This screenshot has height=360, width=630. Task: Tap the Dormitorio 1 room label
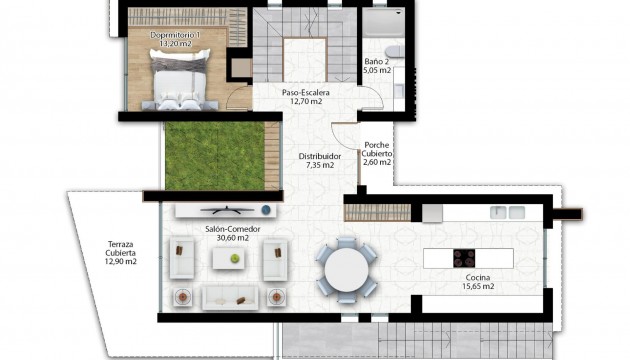[x=176, y=36]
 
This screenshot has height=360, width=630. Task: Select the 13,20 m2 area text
[x=176, y=45]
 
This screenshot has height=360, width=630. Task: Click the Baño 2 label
[x=377, y=61]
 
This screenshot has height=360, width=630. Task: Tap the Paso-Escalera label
[x=305, y=92]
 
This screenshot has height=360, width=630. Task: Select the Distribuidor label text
[x=320, y=156]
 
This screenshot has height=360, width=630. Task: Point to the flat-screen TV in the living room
[x=224, y=209]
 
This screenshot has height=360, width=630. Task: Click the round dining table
[x=346, y=267]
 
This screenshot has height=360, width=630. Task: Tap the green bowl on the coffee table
[x=235, y=258]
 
